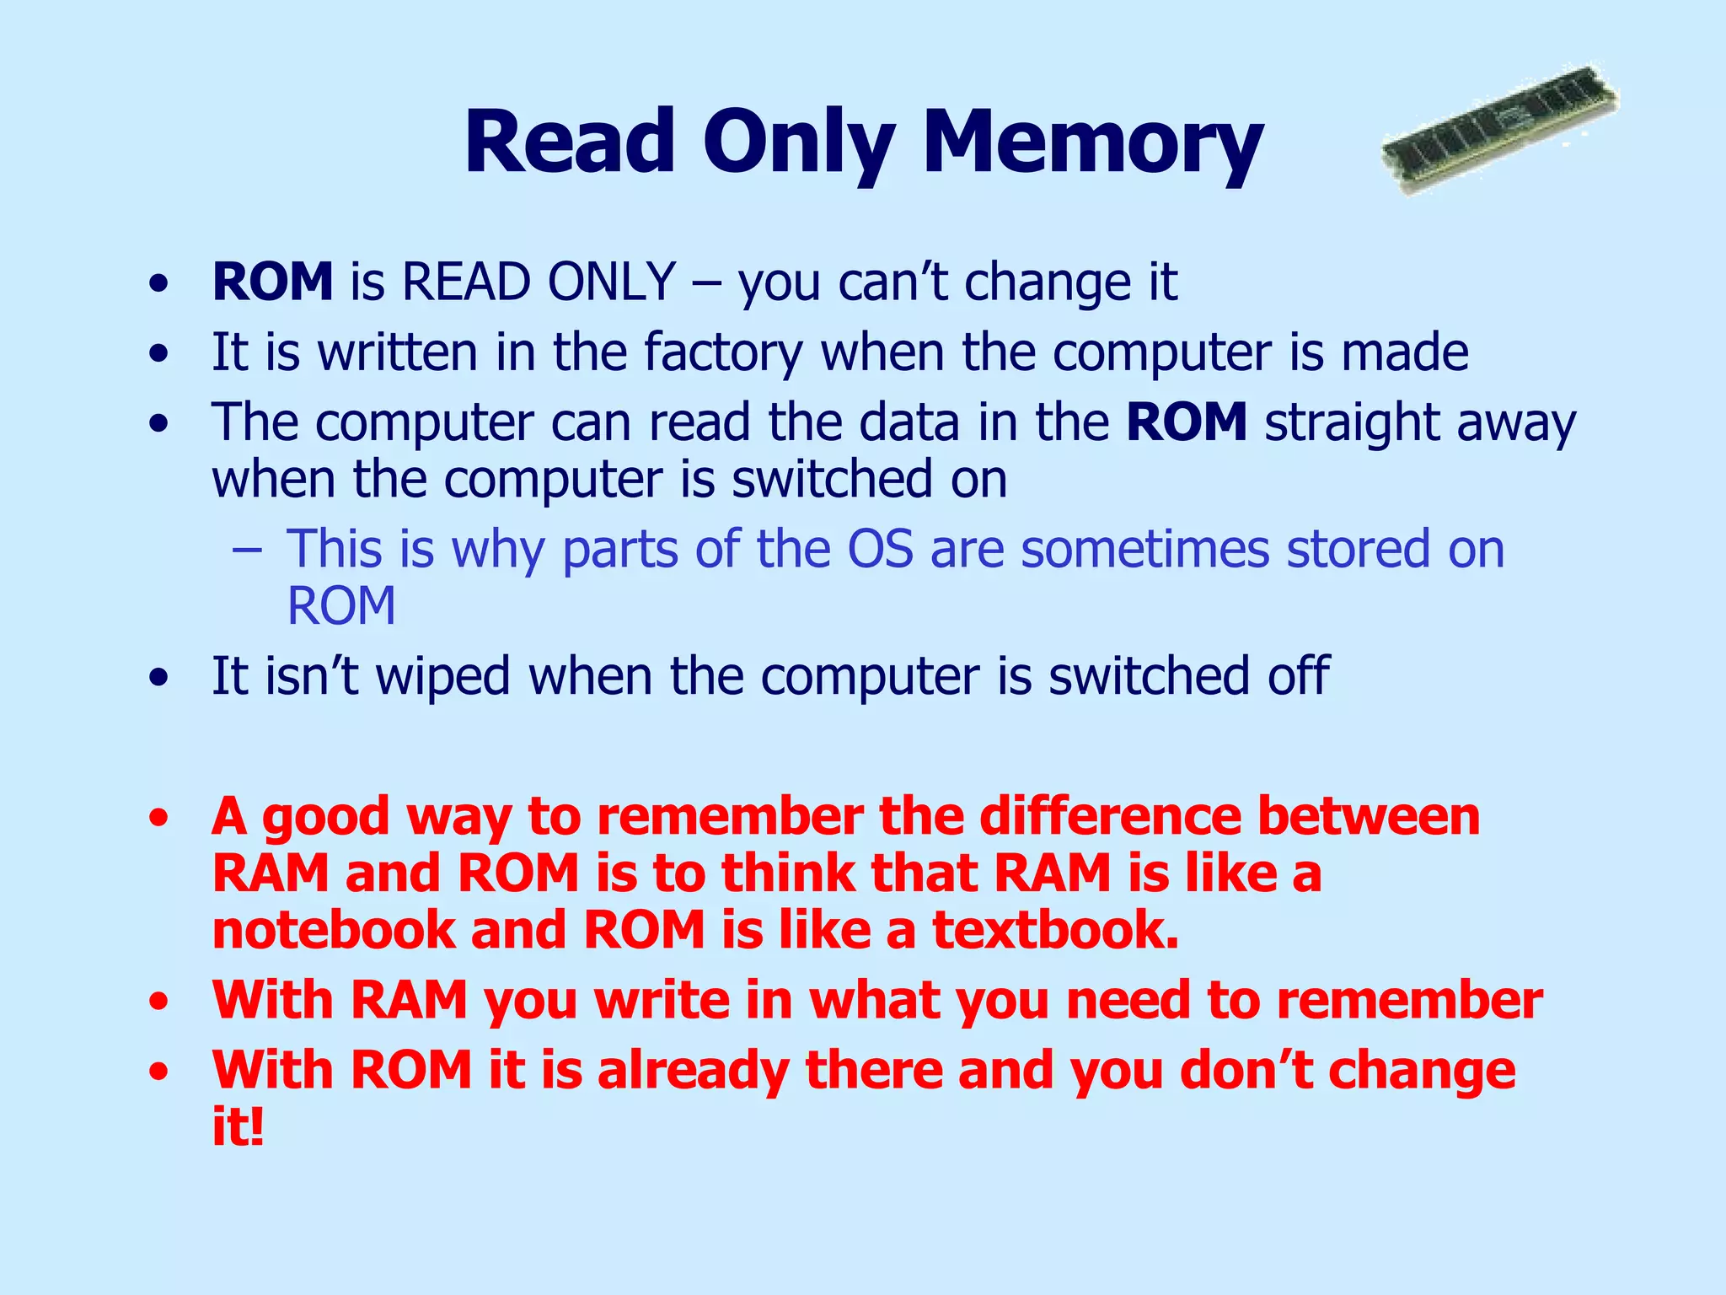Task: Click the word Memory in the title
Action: pos(1092,143)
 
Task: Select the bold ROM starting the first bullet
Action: pos(272,282)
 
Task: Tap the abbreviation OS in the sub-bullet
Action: pos(880,549)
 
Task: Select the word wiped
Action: pos(442,676)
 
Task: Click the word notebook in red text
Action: pos(333,930)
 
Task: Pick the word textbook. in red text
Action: pos(1054,930)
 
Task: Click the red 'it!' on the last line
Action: pos(238,1127)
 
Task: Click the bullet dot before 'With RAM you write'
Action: pos(158,1002)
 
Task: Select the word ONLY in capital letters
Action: pos(611,282)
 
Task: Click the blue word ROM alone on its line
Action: pos(340,606)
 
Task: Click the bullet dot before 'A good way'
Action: pos(158,819)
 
